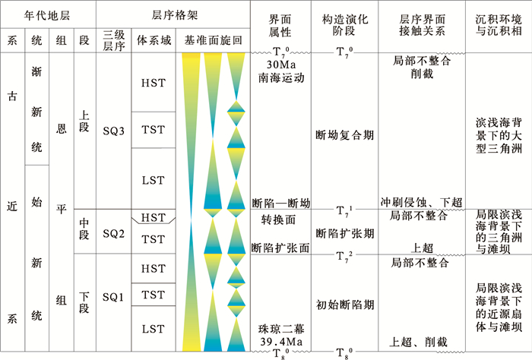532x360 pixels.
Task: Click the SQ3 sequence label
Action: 114,130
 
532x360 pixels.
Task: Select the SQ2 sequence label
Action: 114,232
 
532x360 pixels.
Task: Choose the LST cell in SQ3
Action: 153,180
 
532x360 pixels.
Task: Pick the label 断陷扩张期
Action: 344,232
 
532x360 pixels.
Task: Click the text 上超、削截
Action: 420,341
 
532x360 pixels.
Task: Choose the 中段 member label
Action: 84,232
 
